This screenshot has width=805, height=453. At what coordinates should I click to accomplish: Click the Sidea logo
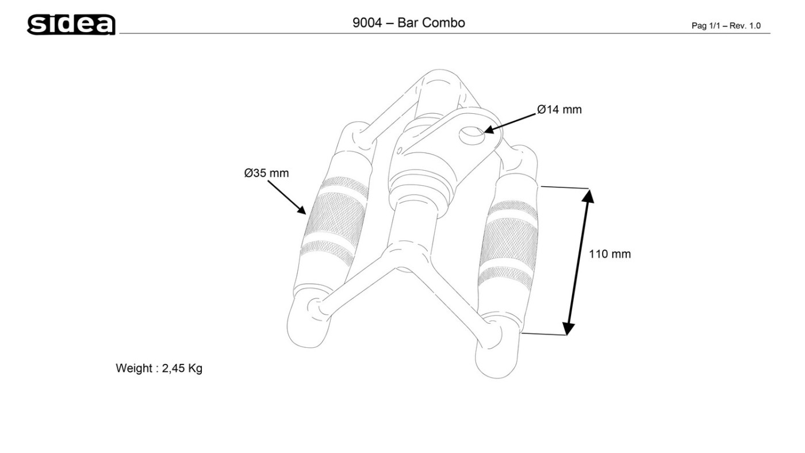click(x=71, y=24)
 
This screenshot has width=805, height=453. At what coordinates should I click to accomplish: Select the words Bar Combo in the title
click(x=431, y=23)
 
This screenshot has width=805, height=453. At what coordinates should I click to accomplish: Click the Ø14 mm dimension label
click(x=559, y=109)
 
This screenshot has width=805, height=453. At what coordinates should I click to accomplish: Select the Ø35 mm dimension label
click(x=266, y=173)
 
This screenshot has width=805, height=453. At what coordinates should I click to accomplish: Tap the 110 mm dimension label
click(x=609, y=254)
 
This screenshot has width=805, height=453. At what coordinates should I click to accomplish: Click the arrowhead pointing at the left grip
click(x=301, y=209)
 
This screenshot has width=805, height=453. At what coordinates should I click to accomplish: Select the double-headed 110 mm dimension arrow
click(x=578, y=261)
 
